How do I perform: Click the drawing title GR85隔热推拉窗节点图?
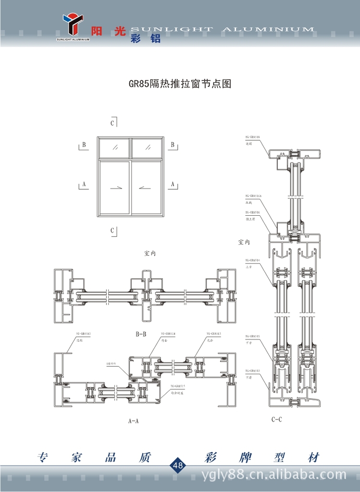click(180, 84)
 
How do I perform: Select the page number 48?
click(178, 465)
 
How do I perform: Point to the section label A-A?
click(133, 421)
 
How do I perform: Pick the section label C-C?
click(276, 419)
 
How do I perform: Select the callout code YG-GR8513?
click(214, 333)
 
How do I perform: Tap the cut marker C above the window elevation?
click(112, 123)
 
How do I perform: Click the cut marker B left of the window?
click(84, 144)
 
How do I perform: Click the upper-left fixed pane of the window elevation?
click(114, 148)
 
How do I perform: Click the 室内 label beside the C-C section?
click(244, 242)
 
